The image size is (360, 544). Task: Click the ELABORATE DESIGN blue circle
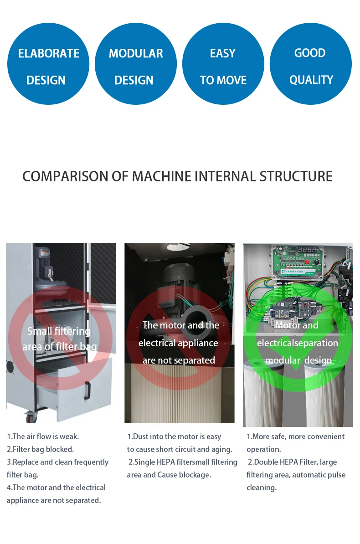click(48, 64)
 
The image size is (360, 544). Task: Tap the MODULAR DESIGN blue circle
click(135, 64)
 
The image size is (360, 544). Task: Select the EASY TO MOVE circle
click(223, 64)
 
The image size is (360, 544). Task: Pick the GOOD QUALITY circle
click(310, 64)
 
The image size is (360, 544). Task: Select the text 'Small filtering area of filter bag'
click(59, 339)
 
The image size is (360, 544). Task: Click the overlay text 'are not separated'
click(179, 360)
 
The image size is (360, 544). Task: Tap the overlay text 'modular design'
click(298, 360)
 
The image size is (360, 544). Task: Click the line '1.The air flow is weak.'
click(43, 436)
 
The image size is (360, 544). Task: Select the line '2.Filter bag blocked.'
click(40, 449)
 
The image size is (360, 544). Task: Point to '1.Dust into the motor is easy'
click(174, 436)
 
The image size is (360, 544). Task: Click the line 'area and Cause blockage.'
click(169, 475)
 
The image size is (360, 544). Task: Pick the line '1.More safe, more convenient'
click(295, 436)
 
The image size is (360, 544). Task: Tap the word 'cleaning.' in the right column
click(262, 488)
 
